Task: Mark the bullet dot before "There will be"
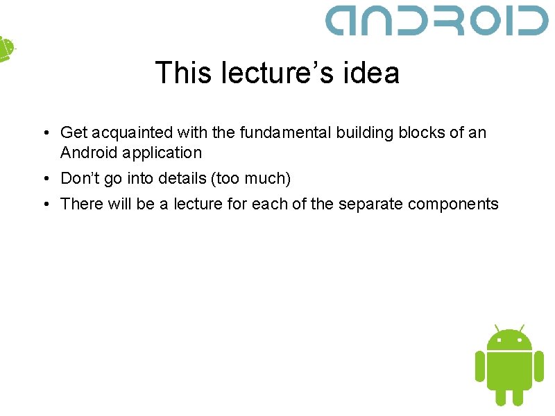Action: (x=44, y=205)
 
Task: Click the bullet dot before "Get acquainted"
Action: (x=44, y=133)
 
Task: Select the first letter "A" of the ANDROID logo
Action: (x=344, y=21)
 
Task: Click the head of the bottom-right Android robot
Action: (x=509, y=339)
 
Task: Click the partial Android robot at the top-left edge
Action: (x=6, y=49)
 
